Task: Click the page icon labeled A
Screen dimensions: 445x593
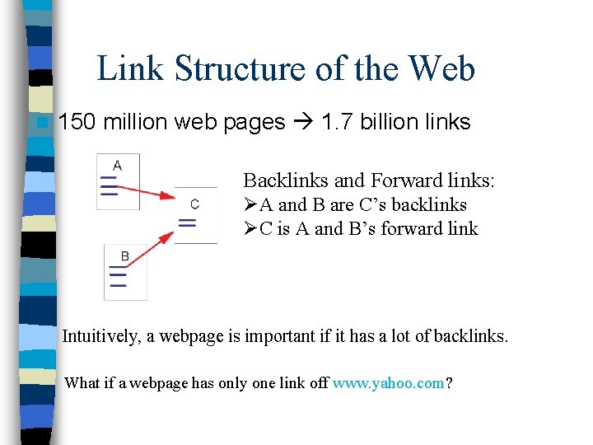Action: [x=117, y=181]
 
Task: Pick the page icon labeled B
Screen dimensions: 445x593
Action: [x=124, y=272]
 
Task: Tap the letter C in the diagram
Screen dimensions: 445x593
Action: [x=194, y=204]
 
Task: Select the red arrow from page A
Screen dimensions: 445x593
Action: [x=147, y=191]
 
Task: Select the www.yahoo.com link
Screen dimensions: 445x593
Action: [x=388, y=382]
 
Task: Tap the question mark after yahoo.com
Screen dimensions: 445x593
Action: [x=448, y=382]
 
